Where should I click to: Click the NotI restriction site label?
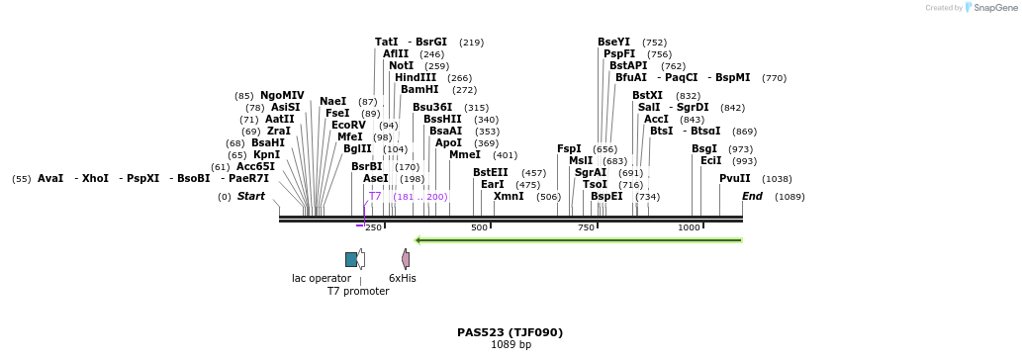pyautogui.click(x=401, y=66)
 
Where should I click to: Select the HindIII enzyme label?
pyautogui.click(x=415, y=78)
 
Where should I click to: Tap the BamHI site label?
pyautogui.click(x=419, y=90)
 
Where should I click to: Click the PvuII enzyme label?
pyautogui.click(x=734, y=179)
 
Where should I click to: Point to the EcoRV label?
pyautogui.click(x=348, y=126)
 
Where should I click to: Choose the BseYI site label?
pyautogui.click(x=613, y=43)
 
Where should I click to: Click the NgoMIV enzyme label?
pyautogui.click(x=282, y=96)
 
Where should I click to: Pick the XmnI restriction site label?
pyautogui.click(x=509, y=197)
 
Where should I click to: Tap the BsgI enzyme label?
pyautogui.click(x=704, y=149)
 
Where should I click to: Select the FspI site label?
pyautogui.click(x=569, y=149)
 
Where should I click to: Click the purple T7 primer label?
pyautogui.click(x=375, y=197)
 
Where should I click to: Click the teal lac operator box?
pyautogui.click(x=350, y=259)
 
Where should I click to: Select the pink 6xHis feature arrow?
pyautogui.click(x=405, y=259)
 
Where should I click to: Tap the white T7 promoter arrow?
pyautogui.click(x=360, y=259)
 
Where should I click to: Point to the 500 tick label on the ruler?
pyautogui.click(x=480, y=227)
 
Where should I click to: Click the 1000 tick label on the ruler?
pyautogui.click(x=689, y=227)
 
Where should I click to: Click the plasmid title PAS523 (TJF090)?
pyautogui.click(x=510, y=332)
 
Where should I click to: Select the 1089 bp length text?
pyautogui.click(x=511, y=345)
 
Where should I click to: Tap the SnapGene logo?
pyautogui.click(x=989, y=8)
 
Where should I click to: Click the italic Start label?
pyautogui.click(x=250, y=197)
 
